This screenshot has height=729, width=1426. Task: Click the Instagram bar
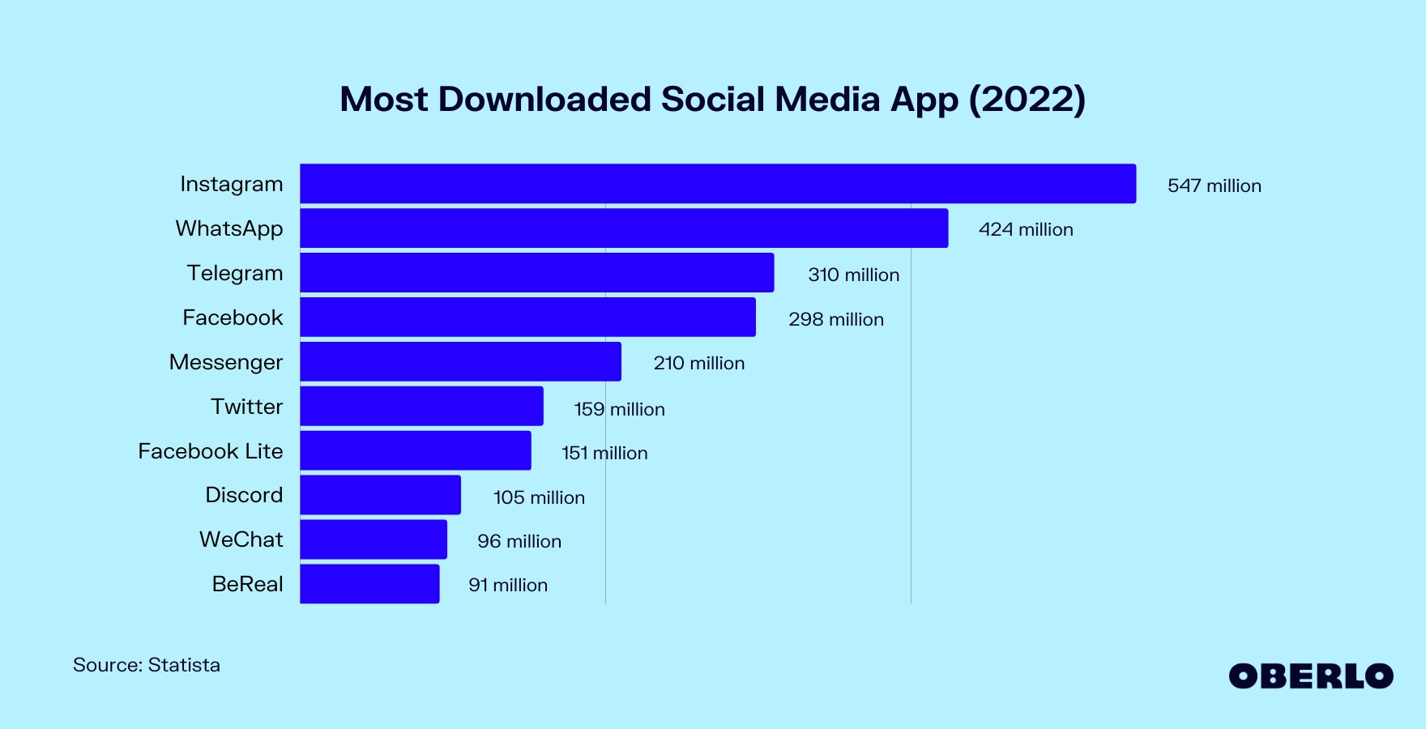click(x=718, y=184)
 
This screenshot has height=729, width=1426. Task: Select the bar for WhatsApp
click(x=624, y=228)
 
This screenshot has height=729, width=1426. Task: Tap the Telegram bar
click(x=536, y=273)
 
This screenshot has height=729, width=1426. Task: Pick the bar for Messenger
click(x=460, y=361)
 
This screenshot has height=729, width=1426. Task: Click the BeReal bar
click(x=369, y=584)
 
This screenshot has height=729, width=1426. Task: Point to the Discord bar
click(x=380, y=495)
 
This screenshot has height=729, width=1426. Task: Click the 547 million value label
click(x=1214, y=185)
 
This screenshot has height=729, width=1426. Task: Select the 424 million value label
click(x=1026, y=230)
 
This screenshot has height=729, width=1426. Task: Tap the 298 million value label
click(x=836, y=319)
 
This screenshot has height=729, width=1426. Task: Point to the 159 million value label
click(x=619, y=409)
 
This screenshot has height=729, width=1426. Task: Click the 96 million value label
click(x=519, y=541)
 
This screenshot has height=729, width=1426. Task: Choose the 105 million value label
click(x=539, y=497)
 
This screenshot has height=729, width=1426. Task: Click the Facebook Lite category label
click(x=211, y=451)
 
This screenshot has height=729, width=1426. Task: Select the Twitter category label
click(x=246, y=407)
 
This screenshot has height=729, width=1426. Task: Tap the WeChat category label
click(x=241, y=539)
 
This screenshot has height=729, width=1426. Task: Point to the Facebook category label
click(x=233, y=318)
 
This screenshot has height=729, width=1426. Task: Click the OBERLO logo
click(x=1310, y=676)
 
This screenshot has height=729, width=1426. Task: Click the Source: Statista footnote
click(x=147, y=665)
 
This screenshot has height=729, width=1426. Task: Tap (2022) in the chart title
click(x=1027, y=100)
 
